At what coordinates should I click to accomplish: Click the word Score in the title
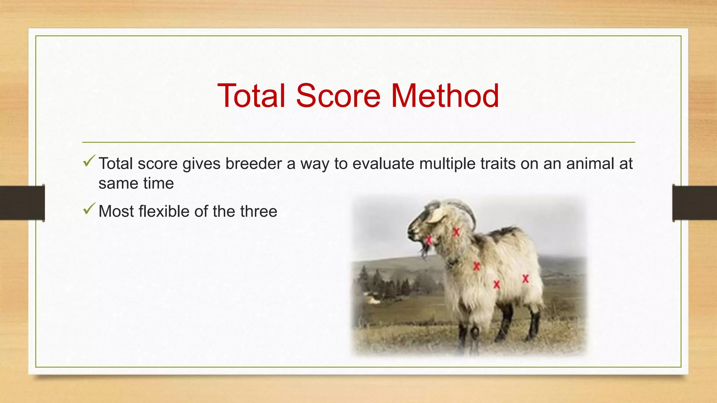pyautogui.click(x=338, y=96)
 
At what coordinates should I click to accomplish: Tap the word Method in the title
pyautogui.click(x=445, y=96)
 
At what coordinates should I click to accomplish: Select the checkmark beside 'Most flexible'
pyautogui.click(x=89, y=209)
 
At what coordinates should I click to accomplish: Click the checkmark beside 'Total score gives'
pyautogui.click(x=89, y=161)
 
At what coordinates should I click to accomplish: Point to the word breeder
pyautogui.click(x=253, y=164)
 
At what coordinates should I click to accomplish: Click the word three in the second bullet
pyautogui.click(x=258, y=211)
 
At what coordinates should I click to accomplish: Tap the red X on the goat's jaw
pyautogui.click(x=429, y=240)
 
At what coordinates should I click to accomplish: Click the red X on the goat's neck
pyautogui.click(x=456, y=232)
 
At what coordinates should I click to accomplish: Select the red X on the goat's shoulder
pyautogui.click(x=476, y=267)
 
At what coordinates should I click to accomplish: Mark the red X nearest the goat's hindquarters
pyautogui.click(x=525, y=279)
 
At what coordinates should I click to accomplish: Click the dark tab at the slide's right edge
pyautogui.click(x=695, y=203)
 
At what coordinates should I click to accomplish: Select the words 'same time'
pyautogui.click(x=136, y=183)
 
